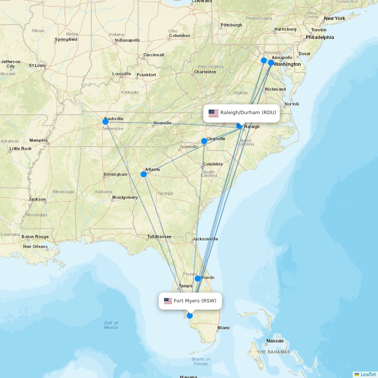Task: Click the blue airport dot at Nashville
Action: pyautogui.click(x=105, y=121)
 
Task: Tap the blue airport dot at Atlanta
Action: pyautogui.click(x=144, y=174)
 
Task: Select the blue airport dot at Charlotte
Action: pyautogui.click(x=204, y=141)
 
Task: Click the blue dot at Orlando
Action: pyautogui.click(x=198, y=279)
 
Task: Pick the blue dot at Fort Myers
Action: pyautogui.click(x=190, y=316)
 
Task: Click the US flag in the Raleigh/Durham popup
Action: pyautogui.click(x=214, y=113)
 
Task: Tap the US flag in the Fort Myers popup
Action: pyautogui.click(x=168, y=301)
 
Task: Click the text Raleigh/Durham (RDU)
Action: pyautogui.click(x=248, y=113)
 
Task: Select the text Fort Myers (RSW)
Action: pyautogui.click(x=195, y=301)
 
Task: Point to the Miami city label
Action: pyautogui.click(x=223, y=328)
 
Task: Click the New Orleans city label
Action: pyautogui.click(x=36, y=246)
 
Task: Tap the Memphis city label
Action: pyautogui.click(x=39, y=140)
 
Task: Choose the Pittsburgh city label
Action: pyautogui.click(x=231, y=25)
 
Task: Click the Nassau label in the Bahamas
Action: pyautogui.click(x=275, y=341)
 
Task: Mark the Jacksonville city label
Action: pyautogui.click(x=205, y=239)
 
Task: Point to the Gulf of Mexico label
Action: pyautogui.click(x=111, y=325)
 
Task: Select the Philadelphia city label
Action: pyautogui.click(x=320, y=37)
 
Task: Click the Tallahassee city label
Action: pyautogui.click(x=159, y=237)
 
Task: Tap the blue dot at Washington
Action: pyautogui.click(x=271, y=63)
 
